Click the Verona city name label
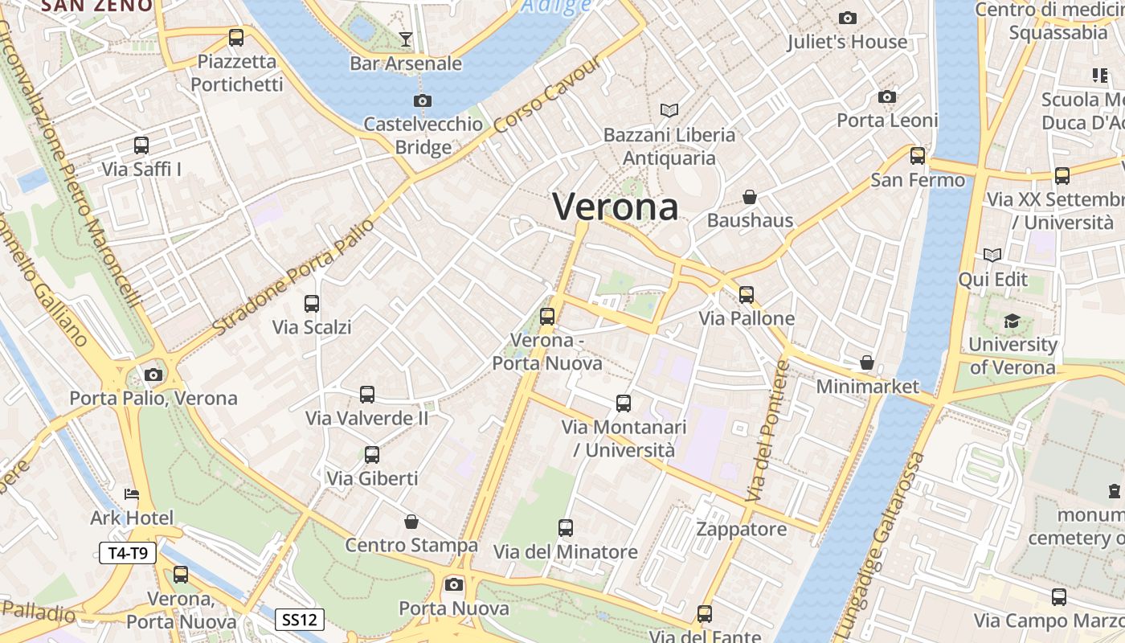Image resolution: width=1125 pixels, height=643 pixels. coord(616,207)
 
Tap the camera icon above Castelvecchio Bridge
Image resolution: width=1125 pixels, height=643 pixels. coord(422,101)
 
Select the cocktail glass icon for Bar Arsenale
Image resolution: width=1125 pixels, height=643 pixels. coord(406,39)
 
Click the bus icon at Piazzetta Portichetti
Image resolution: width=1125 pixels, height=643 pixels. coord(236,37)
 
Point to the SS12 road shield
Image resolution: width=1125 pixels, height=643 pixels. coord(301,620)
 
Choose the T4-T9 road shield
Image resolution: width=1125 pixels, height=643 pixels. coord(128,553)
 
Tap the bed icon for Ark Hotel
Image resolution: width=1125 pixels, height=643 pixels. coord(132,494)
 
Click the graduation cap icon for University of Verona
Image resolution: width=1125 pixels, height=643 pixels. coord(1012,321)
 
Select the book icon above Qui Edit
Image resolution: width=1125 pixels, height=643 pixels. coord(993,256)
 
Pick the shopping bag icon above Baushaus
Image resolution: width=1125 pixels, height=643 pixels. coord(750,197)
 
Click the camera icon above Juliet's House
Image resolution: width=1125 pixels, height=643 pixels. coord(847,18)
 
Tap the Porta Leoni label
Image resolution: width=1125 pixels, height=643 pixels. coord(887,121)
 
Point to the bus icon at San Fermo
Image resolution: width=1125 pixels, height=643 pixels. coord(918,156)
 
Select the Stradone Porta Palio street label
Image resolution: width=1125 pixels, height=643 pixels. coord(294,276)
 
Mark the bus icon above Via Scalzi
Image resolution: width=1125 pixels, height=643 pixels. coord(312,304)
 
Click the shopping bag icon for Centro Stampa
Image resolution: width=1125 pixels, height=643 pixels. coord(411,522)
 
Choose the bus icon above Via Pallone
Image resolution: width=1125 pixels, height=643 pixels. coord(747,295)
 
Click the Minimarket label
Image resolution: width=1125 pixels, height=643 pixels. coord(867,387)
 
